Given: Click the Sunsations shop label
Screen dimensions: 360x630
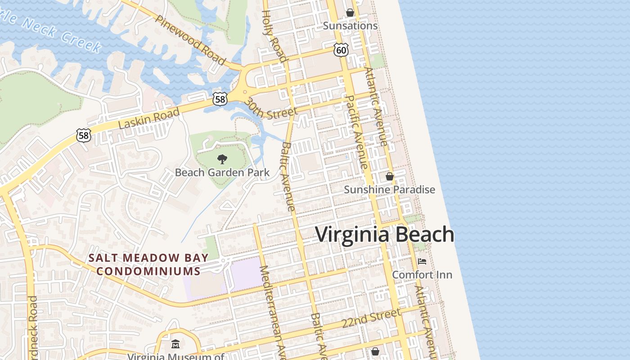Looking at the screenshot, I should tap(350, 26).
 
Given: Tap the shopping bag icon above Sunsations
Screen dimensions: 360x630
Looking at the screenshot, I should tap(350, 13).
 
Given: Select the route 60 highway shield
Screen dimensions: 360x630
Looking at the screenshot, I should tap(341, 50).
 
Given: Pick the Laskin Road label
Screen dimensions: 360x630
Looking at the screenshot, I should tap(149, 118).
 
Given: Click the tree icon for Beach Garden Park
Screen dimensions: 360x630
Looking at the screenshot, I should tap(222, 159).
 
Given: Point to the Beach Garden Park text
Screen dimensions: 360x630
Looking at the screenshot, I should tap(222, 172).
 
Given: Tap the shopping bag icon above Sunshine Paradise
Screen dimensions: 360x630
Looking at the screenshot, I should tap(390, 176).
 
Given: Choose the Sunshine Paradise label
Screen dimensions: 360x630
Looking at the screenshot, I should tap(389, 189).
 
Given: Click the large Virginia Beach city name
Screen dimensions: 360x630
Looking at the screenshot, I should tap(385, 235).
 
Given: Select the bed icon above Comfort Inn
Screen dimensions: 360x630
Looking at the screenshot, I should tap(422, 261).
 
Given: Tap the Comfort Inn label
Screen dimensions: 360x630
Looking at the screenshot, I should tap(422, 274).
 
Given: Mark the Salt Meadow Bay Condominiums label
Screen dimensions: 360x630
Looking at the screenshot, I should tap(148, 265).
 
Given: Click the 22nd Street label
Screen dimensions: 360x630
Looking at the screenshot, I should tap(371, 318).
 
